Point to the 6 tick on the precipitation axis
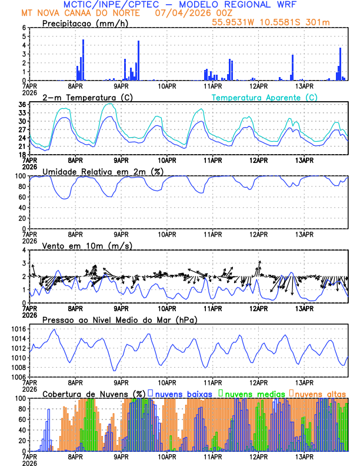click(x=25, y=28)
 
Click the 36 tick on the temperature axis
click(x=22, y=105)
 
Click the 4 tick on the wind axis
click(x=25, y=250)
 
